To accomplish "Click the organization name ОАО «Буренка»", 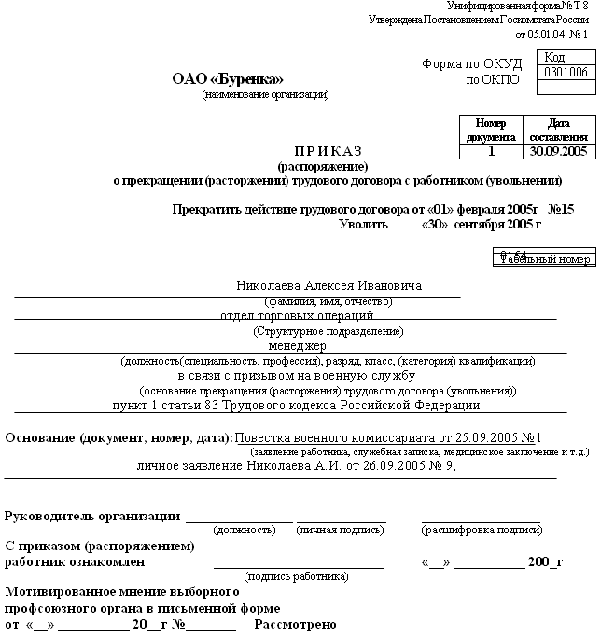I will [x=228, y=79].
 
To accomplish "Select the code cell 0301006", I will [x=566, y=72].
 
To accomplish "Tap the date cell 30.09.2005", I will [x=558, y=150].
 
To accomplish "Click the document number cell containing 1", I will [x=491, y=150].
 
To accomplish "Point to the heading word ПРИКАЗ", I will [x=328, y=150].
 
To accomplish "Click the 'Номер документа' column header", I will [x=491, y=130].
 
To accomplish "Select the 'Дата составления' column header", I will [x=558, y=130].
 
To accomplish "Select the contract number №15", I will [x=561, y=209].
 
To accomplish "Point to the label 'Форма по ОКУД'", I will [x=472, y=64].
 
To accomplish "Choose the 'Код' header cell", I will [x=554, y=58].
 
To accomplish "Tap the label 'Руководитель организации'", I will [x=92, y=516].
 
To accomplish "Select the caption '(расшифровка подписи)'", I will [x=481, y=530].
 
